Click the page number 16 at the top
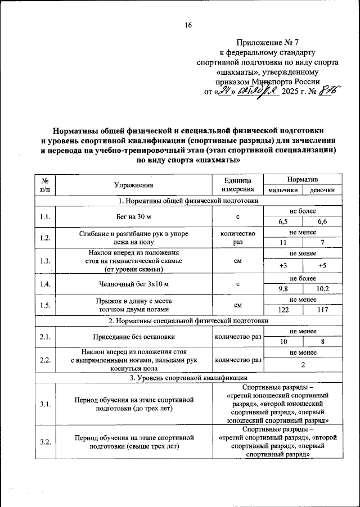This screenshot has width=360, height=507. pyautogui.click(x=188, y=25)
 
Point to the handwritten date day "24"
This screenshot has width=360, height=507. pyautogui.click(x=225, y=91)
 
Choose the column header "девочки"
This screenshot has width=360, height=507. pyautogui.click(x=322, y=190)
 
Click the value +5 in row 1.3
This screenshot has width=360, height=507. pyautogui.click(x=322, y=266)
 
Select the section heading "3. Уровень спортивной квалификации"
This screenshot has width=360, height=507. pyautogui.click(x=188, y=377)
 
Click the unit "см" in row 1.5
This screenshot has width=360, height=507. pyautogui.click(x=237, y=305)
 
